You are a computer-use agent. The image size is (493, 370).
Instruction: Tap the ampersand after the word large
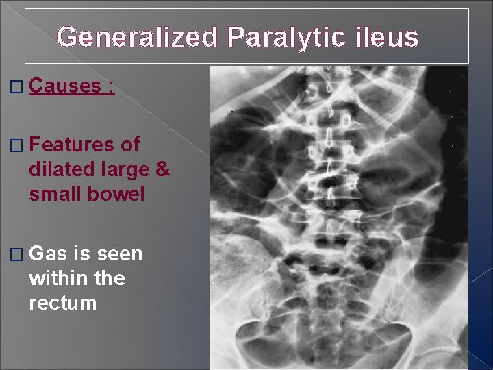click(162, 169)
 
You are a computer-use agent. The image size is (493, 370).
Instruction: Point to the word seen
click(118, 254)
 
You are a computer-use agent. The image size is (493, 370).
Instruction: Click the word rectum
click(63, 303)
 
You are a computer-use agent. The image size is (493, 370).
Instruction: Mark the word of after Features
click(130, 145)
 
